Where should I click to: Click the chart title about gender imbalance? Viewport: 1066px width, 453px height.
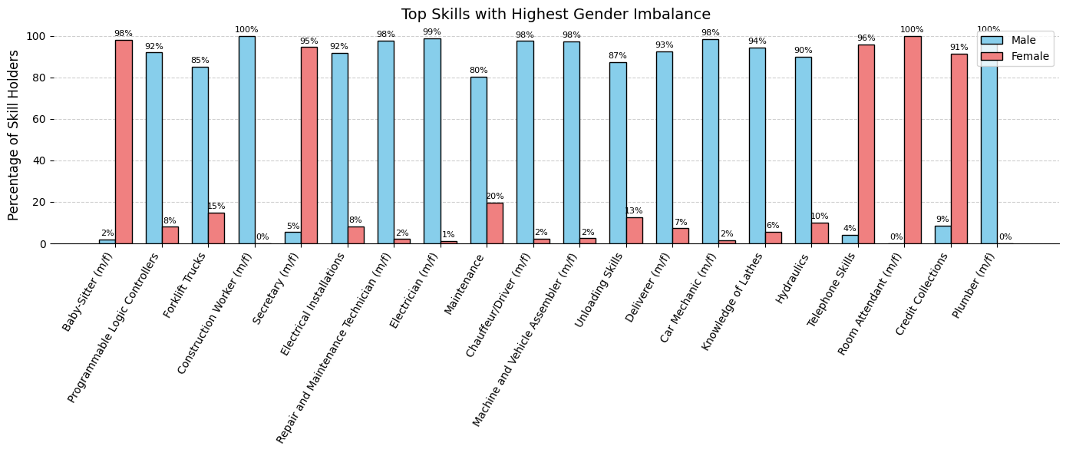556,15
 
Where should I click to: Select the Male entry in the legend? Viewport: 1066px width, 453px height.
1014,40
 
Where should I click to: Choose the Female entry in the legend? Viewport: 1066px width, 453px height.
1014,56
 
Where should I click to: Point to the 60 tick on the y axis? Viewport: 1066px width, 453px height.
37,119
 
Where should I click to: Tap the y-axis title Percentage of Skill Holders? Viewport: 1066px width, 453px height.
14,135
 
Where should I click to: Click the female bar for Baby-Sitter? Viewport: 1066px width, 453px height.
124,142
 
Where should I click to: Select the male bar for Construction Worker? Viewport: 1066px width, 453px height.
246,140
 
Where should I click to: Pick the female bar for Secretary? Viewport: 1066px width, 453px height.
309,145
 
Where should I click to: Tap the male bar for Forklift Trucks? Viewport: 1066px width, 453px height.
200,155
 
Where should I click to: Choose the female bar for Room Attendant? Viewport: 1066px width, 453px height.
912,140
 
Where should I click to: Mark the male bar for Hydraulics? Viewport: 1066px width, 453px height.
803,150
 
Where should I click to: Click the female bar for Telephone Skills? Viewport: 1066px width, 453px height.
866,144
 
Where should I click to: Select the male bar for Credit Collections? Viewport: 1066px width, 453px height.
942,234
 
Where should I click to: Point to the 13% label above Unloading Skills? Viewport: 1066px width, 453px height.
634,211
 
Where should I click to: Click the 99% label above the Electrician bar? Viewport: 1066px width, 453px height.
432,32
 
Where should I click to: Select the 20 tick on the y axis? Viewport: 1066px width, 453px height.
37,202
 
